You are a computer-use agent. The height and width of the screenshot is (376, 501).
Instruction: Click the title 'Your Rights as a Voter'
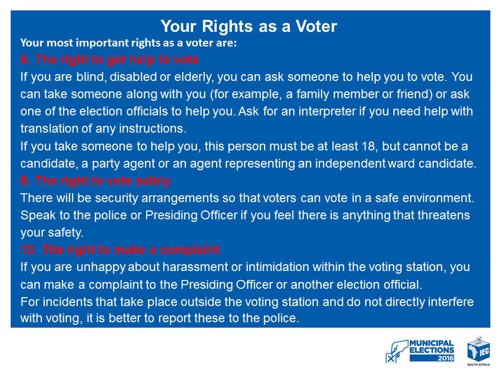tap(248, 26)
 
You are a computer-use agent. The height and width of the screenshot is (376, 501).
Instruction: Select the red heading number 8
tap(26, 60)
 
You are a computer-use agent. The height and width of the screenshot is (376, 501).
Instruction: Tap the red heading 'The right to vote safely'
tap(103, 181)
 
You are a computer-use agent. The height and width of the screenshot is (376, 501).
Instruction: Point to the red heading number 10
tap(29, 250)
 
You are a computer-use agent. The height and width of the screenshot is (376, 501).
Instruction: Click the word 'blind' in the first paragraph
tap(91, 77)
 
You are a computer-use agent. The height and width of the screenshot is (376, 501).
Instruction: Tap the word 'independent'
tap(350, 163)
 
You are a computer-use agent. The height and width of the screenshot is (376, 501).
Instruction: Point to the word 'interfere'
tap(450, 302)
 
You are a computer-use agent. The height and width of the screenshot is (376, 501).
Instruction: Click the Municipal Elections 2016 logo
tap(420, 351)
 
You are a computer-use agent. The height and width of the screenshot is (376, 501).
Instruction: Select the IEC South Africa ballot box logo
tap(479, 351)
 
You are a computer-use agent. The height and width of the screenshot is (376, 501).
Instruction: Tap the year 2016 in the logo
tap(446, 358)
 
